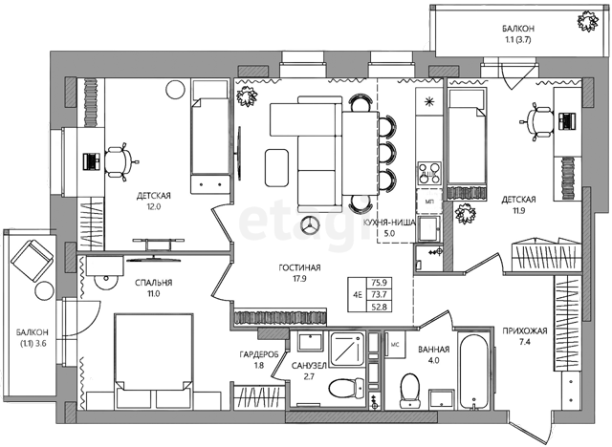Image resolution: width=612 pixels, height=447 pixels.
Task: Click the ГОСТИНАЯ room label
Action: pos(299,267)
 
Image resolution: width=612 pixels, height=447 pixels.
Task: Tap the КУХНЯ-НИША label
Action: pos(389,223)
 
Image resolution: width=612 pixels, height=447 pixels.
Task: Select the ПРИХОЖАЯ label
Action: pos(525,330)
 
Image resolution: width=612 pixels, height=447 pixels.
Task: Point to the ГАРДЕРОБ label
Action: pos(259,354)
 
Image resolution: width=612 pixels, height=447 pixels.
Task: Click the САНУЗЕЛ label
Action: pos(309,366)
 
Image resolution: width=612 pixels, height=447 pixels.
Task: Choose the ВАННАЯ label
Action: pos(433,350)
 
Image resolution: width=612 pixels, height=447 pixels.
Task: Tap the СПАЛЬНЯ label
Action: pos(153,283)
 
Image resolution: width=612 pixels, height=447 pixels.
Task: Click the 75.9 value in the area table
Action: pos(379,283)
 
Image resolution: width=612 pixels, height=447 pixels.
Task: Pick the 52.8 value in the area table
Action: pos(379,307)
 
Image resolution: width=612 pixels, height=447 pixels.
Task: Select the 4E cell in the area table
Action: pos(357,294)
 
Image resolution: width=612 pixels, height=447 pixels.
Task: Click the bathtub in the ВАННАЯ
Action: pos(473,371)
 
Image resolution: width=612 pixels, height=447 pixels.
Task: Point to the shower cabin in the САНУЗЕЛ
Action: pos(347,350)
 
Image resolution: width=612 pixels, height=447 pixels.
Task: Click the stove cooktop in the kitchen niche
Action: pos(429,173)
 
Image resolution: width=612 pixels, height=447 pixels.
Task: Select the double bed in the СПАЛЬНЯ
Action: pos(154,361)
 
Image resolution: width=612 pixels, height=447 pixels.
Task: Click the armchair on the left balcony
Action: pos(32,261)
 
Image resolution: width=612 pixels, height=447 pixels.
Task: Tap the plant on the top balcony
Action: pos(587,21)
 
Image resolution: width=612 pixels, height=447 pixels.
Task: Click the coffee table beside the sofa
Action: pos(276,167)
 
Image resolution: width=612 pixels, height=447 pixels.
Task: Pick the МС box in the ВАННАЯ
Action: pos(395,344)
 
